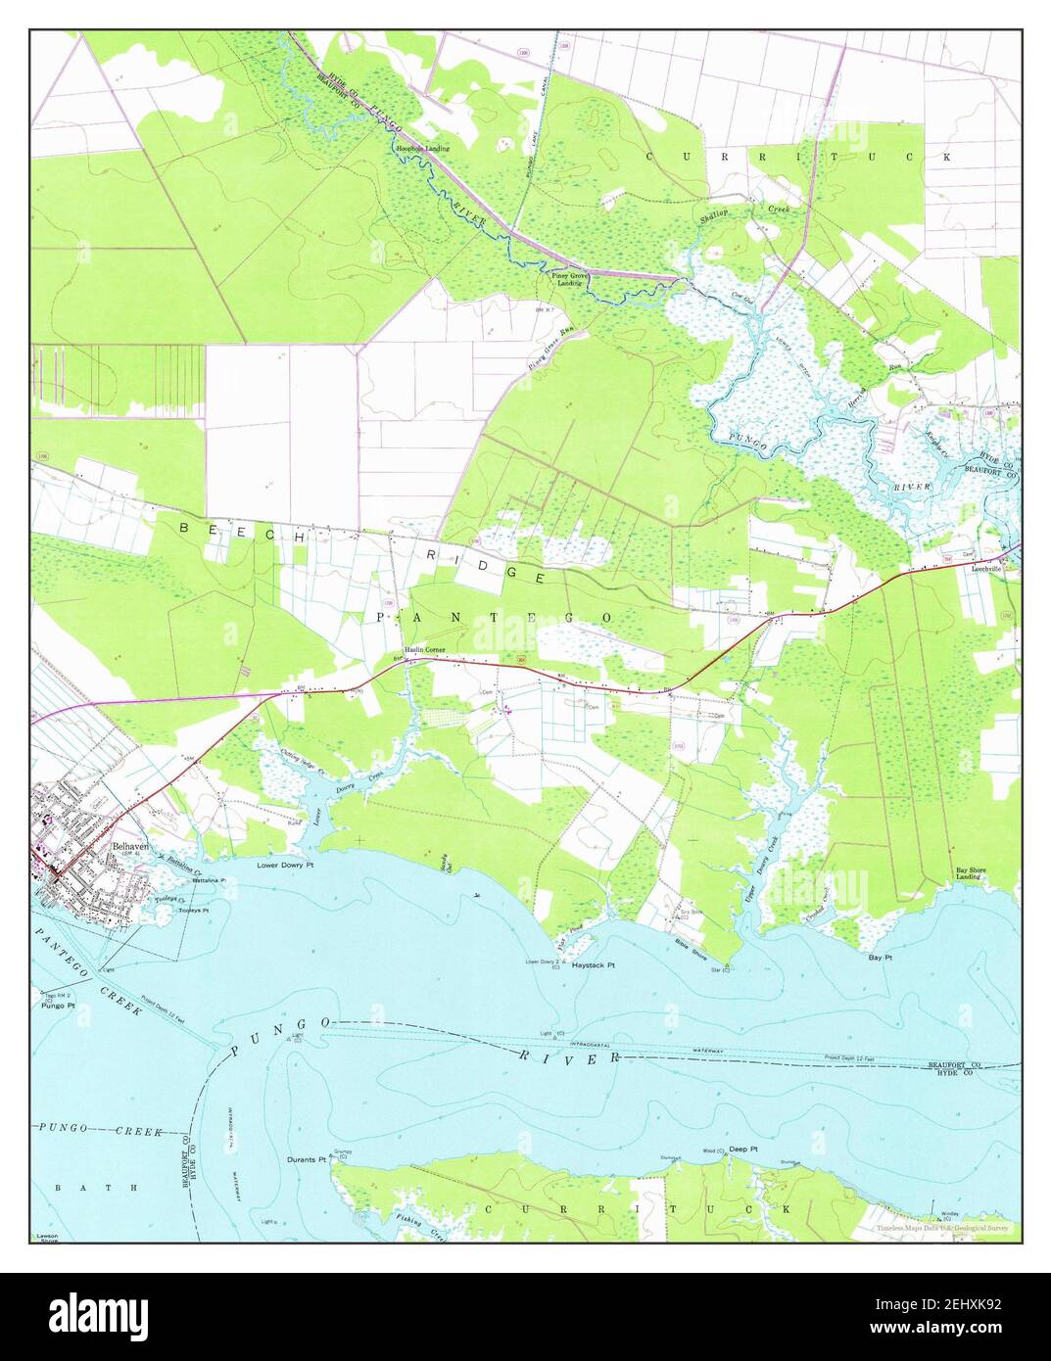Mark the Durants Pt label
point(307,1159)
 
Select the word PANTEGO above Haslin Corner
point(495,617)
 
